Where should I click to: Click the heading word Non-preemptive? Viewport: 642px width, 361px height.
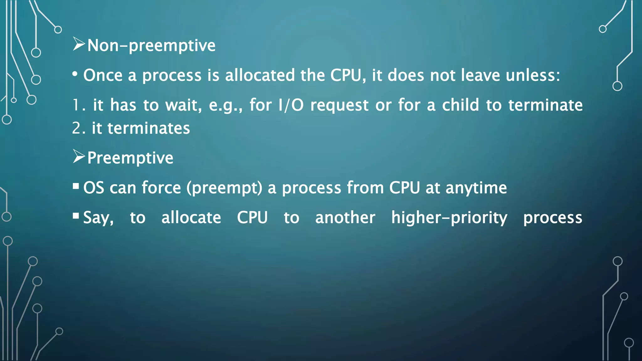151,46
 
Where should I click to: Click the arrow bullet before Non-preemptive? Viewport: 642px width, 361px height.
79,44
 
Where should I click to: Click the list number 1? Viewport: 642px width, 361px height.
77,105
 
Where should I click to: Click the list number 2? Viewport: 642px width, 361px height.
77,128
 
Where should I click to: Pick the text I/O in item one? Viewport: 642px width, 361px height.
291,105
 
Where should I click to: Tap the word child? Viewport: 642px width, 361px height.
460,105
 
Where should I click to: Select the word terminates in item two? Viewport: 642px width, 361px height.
149,128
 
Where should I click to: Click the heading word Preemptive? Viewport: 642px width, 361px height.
130,158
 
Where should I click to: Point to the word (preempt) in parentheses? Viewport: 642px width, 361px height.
224,188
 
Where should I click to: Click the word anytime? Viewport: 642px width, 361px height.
476,188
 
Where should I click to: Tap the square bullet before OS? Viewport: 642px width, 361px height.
76,186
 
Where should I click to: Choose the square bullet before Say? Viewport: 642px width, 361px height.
76,216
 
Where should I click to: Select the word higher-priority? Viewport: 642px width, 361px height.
449,218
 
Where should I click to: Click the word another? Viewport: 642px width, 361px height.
345,217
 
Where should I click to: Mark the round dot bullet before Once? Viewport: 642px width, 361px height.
75,75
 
